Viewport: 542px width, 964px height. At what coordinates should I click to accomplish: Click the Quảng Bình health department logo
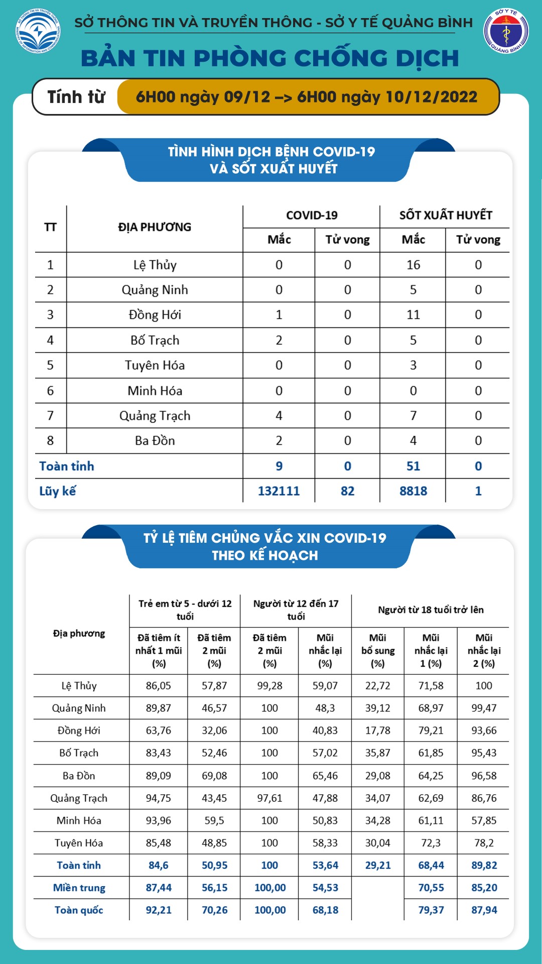(505, 31)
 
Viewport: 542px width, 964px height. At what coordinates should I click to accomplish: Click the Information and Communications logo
(38, 32)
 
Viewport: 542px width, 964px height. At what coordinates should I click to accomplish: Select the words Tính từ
(76, 97)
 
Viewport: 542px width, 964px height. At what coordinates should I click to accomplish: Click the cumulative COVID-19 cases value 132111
(279, 491)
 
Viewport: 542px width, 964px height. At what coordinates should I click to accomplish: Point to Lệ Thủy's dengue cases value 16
(413, 265)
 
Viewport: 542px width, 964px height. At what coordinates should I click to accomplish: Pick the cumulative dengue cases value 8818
(413, 491)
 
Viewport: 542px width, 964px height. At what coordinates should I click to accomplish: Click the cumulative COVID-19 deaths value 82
(347, 491)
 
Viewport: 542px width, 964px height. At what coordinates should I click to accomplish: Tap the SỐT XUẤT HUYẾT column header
(445, 215)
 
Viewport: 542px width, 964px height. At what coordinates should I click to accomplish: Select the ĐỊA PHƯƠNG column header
(155, 227)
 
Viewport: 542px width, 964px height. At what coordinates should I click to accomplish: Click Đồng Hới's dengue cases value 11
(413, 315)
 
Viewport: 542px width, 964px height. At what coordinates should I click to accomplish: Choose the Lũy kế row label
(58, 491)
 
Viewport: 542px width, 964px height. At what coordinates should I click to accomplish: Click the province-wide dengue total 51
(413, 466)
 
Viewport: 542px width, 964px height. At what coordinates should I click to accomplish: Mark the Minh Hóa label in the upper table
(155, 391)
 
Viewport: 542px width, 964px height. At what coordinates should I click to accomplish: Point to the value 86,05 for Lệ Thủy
(159, 686)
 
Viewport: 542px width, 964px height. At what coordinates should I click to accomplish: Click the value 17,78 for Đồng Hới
(377, 731)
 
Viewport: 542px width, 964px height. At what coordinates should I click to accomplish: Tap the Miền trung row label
(79, 888)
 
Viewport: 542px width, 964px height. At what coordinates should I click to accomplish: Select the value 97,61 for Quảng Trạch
(269, 798)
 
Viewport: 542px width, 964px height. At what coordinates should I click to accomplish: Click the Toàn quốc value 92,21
(159, 910)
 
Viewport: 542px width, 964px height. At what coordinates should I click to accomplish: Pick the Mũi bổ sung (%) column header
(377, 650)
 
